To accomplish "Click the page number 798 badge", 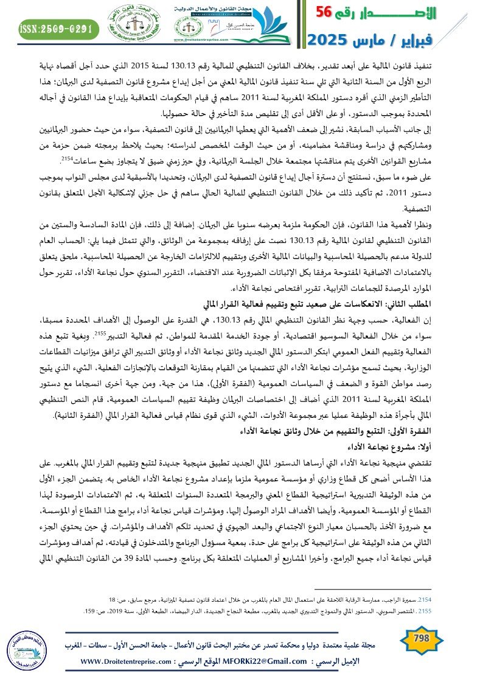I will coord(421,639).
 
